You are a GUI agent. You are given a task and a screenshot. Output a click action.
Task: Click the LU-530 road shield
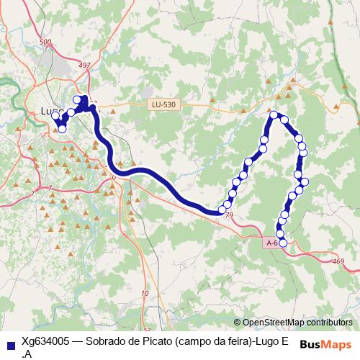164,104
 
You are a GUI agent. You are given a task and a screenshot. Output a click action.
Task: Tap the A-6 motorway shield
271,243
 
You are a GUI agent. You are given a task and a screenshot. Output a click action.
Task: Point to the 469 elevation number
338,261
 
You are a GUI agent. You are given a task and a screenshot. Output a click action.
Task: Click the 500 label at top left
46,42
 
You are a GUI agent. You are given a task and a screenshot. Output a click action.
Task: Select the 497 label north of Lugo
85,66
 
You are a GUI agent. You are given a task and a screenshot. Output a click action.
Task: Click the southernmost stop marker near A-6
283,243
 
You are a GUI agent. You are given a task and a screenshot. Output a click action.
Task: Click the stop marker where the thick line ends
222,210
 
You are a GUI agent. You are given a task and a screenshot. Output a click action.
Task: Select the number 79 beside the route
229,216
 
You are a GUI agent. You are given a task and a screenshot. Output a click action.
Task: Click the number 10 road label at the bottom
145,293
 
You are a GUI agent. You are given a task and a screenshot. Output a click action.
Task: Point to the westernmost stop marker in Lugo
55,116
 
